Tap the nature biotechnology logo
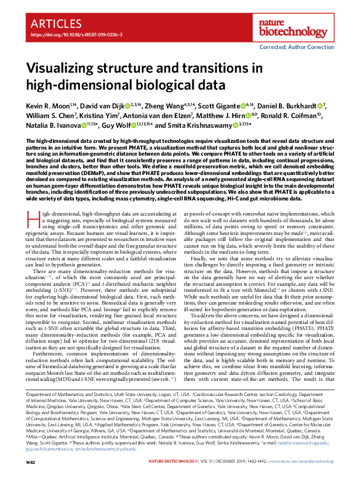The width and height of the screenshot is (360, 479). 316,26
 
